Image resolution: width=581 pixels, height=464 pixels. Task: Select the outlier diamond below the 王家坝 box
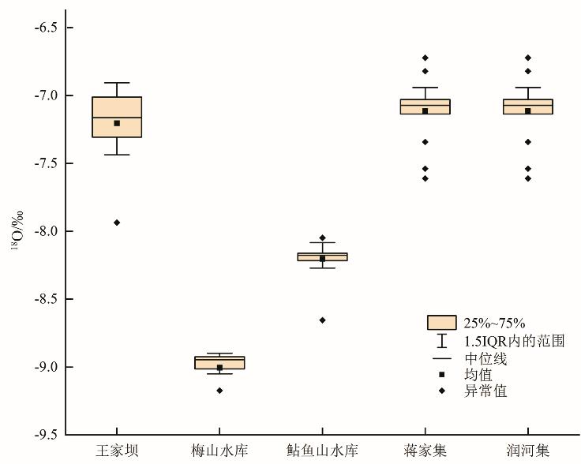pyautogui.click(x=117, y=223)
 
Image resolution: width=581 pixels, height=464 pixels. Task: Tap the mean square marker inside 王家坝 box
pyautogui.click(x=117, y=123)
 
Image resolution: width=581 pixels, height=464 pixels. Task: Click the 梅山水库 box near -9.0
pyautogui.click(x=219, y=361)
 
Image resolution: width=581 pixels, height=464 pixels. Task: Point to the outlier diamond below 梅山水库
pyautogui.click(x=219, y=391)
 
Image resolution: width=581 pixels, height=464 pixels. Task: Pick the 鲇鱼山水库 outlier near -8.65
pyautogui.click(x=322, y=320)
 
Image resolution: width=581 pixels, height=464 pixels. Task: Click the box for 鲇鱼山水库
pyautogui.click(x=322, y=256)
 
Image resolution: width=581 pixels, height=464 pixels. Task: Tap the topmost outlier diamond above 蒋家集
pyautogui.click(x=425, y=58)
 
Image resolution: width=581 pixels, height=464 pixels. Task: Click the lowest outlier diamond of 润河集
pyautogui.click(x=527, y=178)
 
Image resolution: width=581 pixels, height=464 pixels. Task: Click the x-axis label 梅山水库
pyautogui.click(x=219, y=451)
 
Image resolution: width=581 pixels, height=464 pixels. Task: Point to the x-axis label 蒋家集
pyautogui.click(x=425, y=451)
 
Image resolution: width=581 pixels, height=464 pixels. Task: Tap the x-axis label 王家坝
pyautogui.click(x=117, y=451)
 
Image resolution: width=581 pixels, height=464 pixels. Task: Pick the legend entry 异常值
pyautogui.click(x=485, y=391)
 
